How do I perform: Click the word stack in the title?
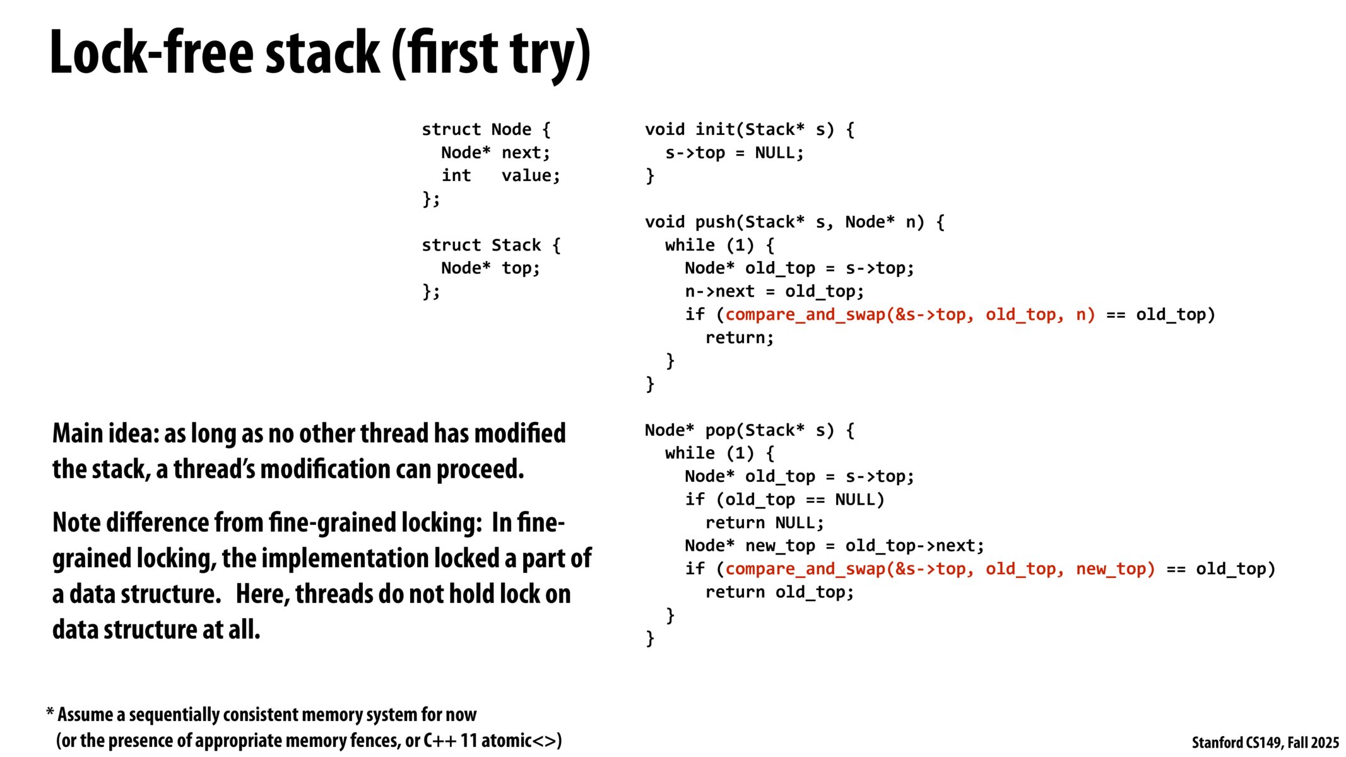click(322, 53)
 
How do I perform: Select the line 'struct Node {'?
click(486, 130)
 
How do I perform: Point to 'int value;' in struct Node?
click(500, 176)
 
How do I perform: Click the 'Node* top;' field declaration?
click(490, 269)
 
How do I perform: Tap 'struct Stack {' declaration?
click(491, 245)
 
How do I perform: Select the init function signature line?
click(749, 130)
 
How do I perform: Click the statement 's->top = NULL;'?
click(734, 153)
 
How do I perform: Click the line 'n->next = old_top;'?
click(774, 292)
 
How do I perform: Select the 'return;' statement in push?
click(739, 338)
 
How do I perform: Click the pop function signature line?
click(749, 431)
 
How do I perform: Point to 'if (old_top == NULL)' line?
click(784, 500)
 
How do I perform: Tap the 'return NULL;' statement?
click(764, 524)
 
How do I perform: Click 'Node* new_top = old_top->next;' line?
click(834, 546)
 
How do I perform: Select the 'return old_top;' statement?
click(779, 593)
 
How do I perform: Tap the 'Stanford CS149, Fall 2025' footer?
click(1265, 743)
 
